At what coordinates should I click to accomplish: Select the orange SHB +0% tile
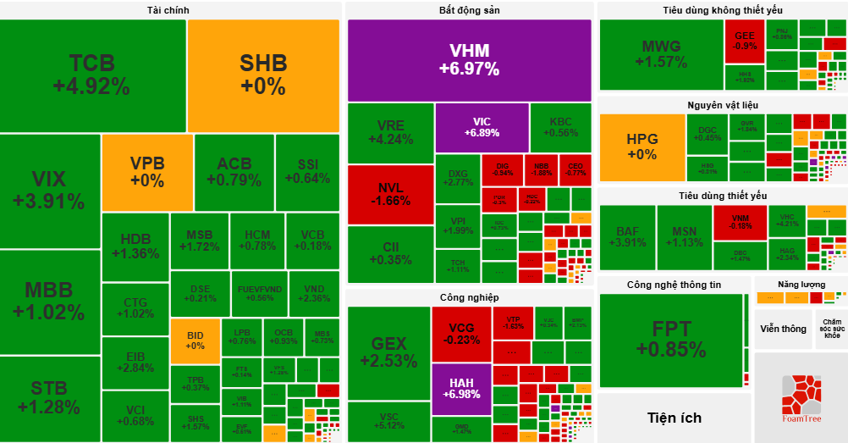[263, 75]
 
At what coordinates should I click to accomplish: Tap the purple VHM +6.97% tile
[469, 59]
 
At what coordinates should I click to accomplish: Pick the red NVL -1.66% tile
[389, 194]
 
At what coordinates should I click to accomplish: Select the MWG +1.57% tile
[660, 54]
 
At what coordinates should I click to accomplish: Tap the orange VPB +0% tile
[146, 172]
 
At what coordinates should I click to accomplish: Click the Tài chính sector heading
[168, 10]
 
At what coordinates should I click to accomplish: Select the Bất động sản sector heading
[469, 10]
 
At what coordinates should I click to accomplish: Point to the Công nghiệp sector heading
[469, 297]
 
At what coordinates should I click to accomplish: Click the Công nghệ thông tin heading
[674, 285]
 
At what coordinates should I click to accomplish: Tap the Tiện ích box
[674, 418]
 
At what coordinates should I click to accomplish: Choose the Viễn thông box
[783, 329]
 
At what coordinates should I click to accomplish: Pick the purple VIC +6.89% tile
[482, 127]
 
